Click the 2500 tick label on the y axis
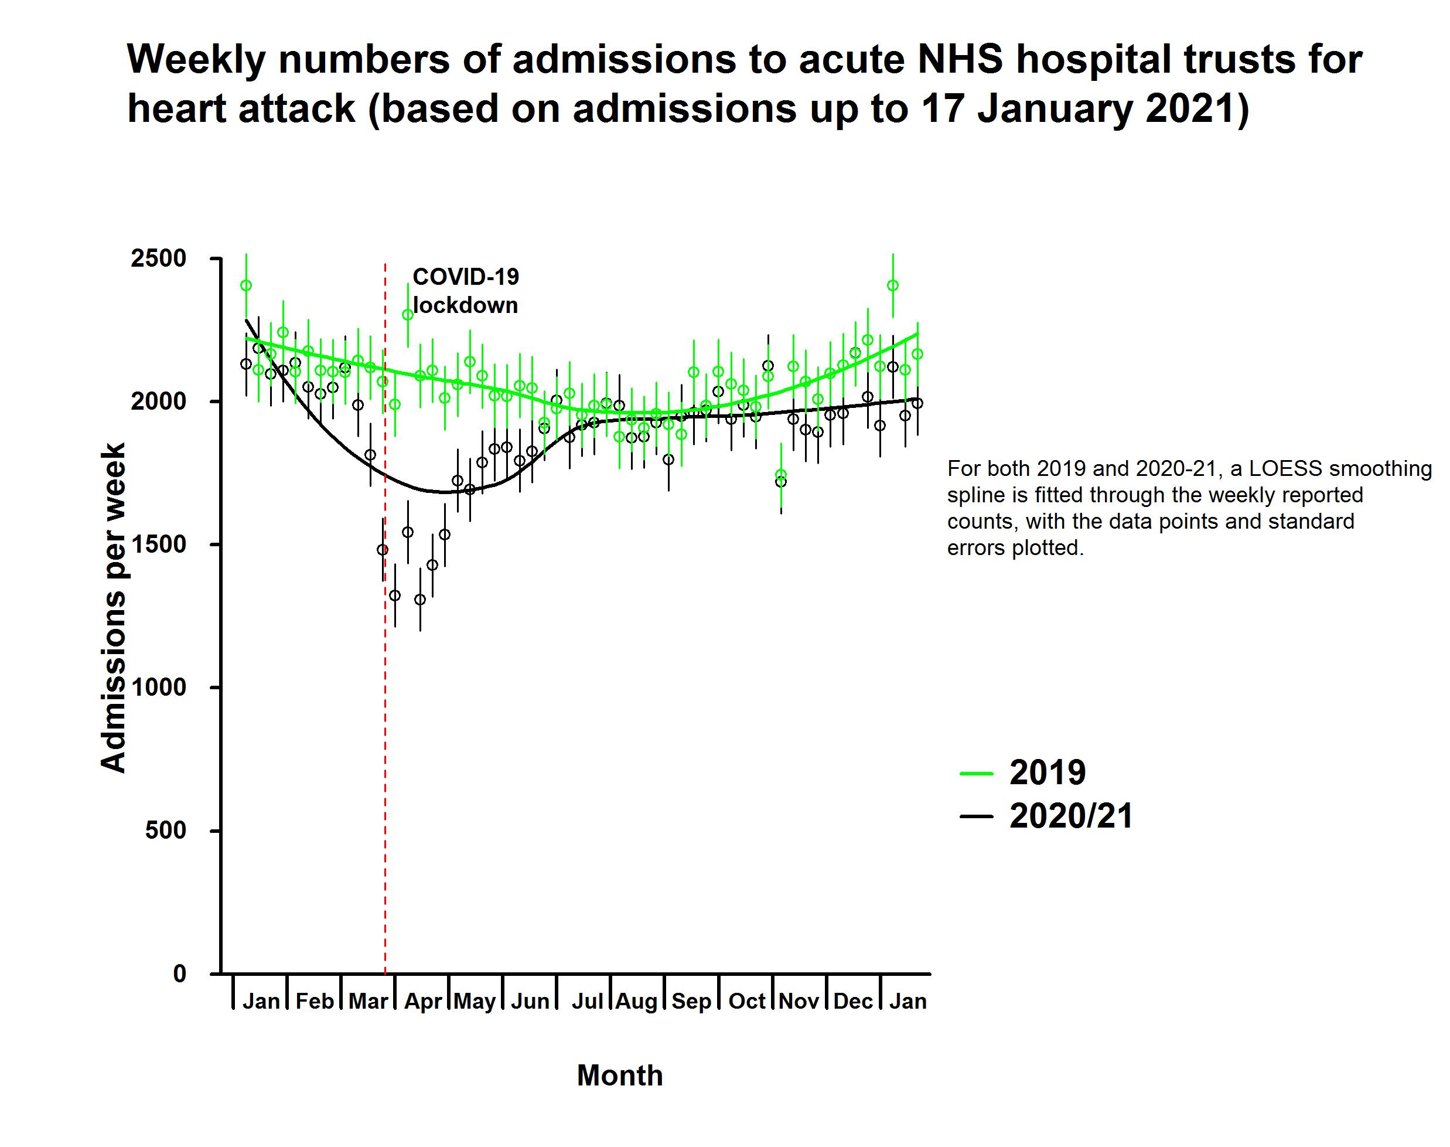[x=158, y=258]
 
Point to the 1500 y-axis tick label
[x=158, y=544]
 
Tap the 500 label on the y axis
[x=165, y=831]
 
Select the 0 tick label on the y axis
[x=179, y=974]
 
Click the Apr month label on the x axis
[x=423, y=1001]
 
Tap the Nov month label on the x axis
[x=799, y=1001]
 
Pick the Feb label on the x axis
[x=314, y=1001]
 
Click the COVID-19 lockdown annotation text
[x=465, y=291]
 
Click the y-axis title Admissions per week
[x=112, y=608]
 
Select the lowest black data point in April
[x=420, y=600]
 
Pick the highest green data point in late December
[x=893, y=285]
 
